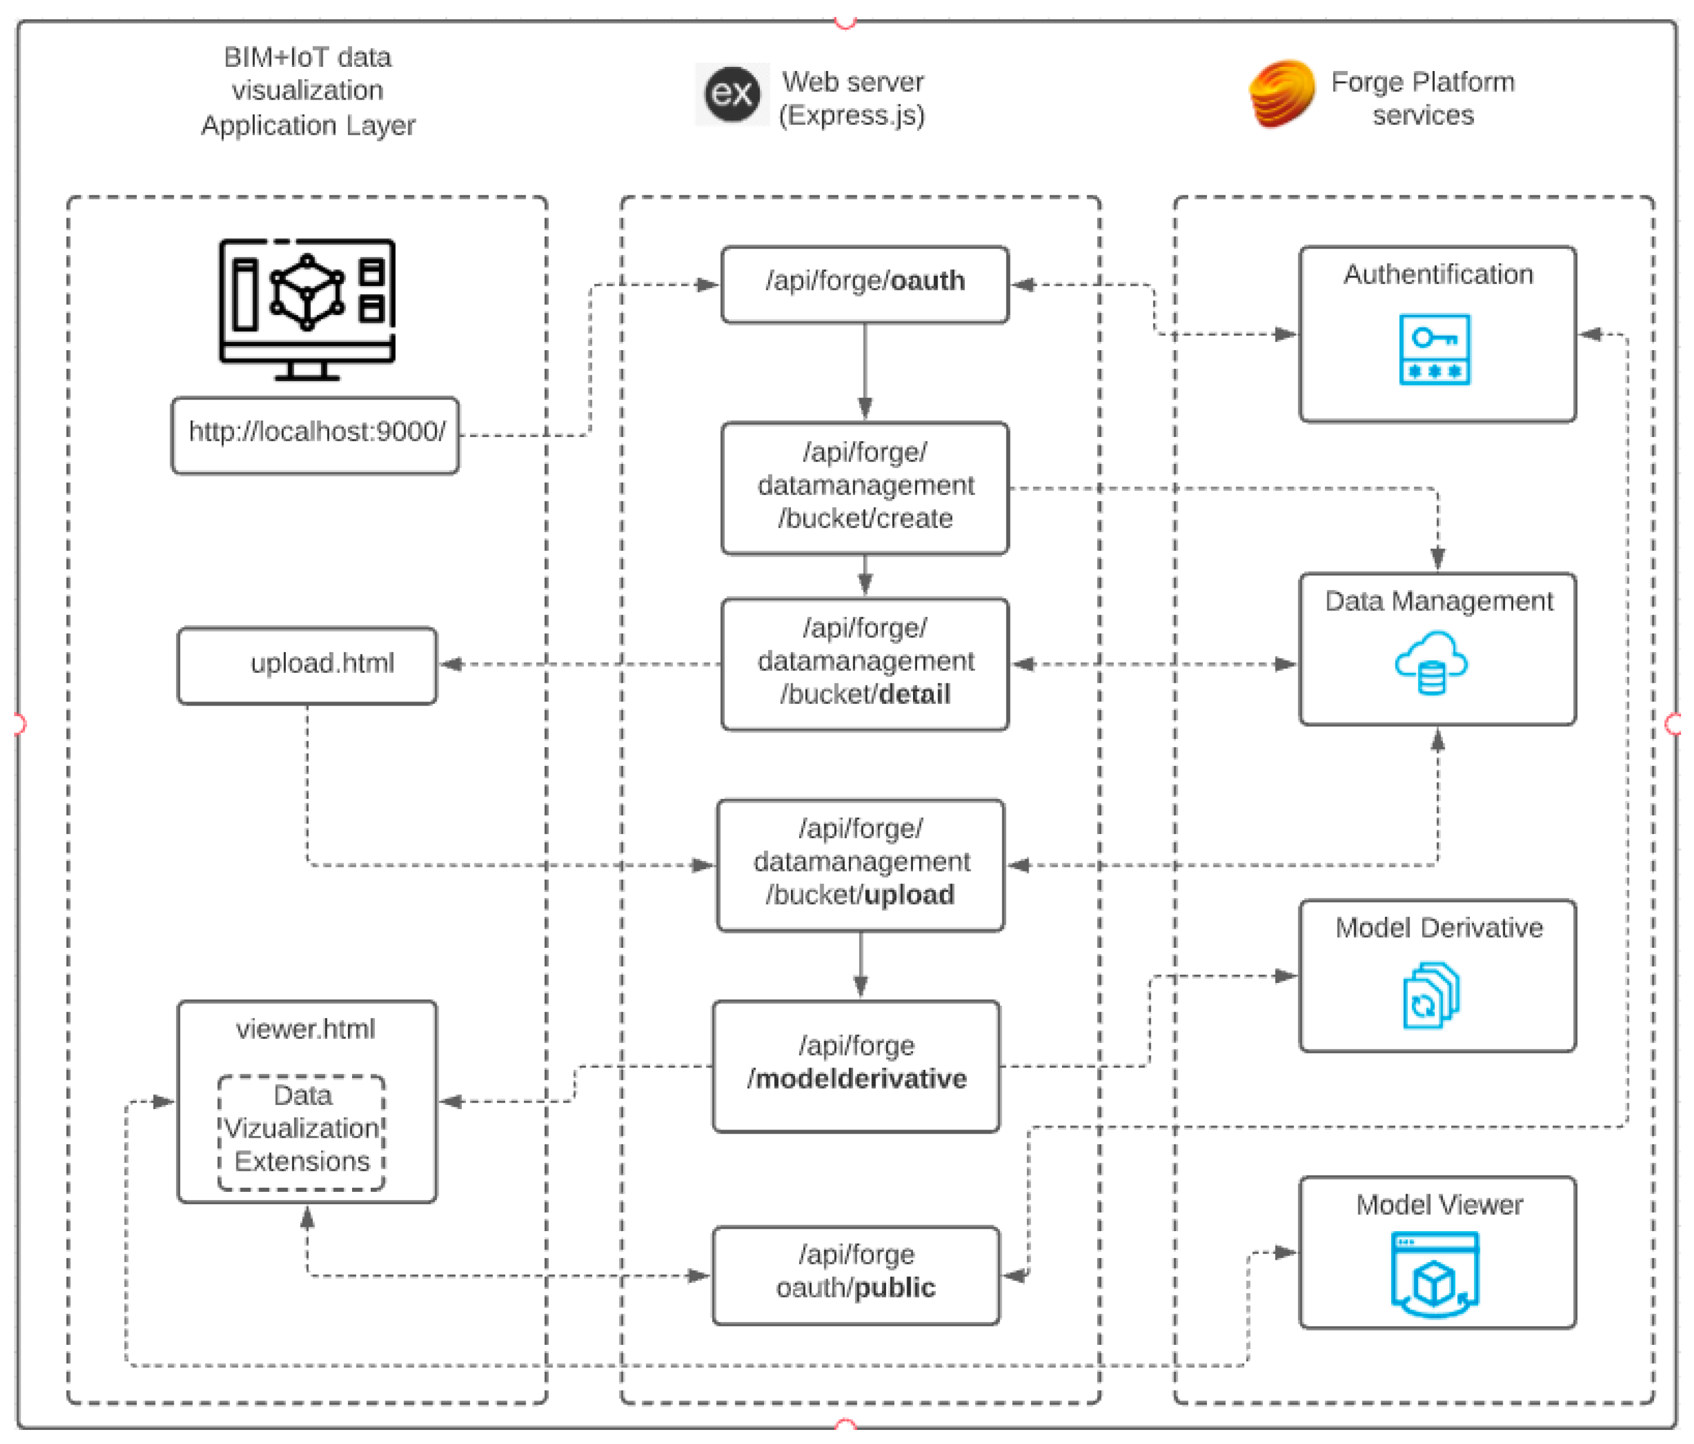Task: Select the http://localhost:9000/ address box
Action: click(x=315, y=435)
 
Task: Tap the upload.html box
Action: click(x=307, y=665)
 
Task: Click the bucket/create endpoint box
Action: click(x=864, y=488)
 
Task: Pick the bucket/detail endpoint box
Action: click(x=864, y=663)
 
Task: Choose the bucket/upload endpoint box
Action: click(x=860, y=865)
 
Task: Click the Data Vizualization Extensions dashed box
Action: click(x=301, y=1132)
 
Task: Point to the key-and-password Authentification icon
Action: click(x=1434, y=349)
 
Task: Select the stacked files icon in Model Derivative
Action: click(x=1431, y=995)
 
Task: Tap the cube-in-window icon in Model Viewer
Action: click(x=1434, y=1273)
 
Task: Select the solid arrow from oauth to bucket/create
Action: click(x=864, y=372)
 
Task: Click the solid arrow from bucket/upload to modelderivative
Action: click(x=860, y=964)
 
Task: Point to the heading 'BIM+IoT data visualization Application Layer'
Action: click(x=307, y=91)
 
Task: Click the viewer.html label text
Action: click(x=305, y=1029)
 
